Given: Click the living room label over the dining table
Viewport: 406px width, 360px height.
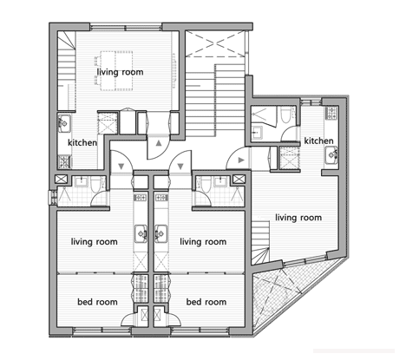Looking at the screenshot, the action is click(120, 72).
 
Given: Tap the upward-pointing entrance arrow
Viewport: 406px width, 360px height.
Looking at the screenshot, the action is click(159, 143).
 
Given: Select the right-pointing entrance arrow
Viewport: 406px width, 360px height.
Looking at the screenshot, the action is click(241, 160).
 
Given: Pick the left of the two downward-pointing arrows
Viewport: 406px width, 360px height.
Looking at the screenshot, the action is click(121, 167).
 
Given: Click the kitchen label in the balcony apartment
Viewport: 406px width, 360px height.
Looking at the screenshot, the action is click(318, 141).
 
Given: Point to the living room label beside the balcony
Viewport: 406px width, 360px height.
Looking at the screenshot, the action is click(298, 218).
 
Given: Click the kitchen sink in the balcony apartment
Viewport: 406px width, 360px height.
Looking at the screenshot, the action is click(331, 155).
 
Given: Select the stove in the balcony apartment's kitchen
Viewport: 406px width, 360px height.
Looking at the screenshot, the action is click(331, 113).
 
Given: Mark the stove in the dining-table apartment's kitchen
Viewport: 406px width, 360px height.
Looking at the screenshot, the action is click(64, 161).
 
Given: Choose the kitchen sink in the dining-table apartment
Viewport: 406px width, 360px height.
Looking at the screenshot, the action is click(64, 123).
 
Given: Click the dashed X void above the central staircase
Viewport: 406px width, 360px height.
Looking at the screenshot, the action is click(215, 43).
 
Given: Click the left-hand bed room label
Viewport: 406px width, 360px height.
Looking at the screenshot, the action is click(97, 302).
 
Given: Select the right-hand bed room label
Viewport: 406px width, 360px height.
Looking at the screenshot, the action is click(206, 302).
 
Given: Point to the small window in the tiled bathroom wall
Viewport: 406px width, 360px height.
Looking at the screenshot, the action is click(52, 198).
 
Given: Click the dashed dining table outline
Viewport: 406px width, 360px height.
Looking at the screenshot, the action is click(116, 71).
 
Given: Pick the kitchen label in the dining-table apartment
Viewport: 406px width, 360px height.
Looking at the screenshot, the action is click(82, 142).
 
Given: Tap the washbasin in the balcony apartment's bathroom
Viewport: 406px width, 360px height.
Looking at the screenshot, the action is click(257, 133).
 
